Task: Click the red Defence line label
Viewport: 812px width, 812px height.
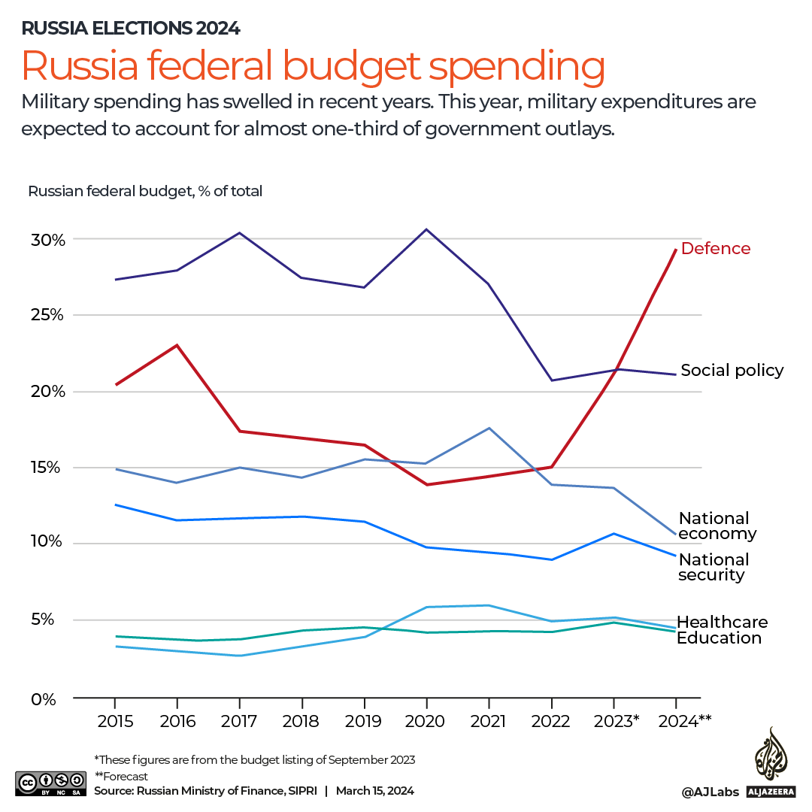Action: (x=715, y=249)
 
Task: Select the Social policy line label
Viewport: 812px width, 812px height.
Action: (x=732, y=371)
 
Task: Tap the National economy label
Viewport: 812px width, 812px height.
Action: (x=717, y=526)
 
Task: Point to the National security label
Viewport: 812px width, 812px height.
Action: (x=714, y=568)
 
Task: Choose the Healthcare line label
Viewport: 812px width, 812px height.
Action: (x=722, y=622)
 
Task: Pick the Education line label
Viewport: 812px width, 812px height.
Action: (x=719, y=638)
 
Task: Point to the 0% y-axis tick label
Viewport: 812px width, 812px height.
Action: (x=44, y=699)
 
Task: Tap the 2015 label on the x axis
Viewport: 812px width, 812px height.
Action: (x=115, y=722)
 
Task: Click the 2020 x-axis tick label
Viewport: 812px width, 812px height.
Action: (x=426, y=722)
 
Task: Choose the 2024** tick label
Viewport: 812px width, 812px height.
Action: (x=683, y=722)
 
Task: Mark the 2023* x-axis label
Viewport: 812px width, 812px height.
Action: (x=616, y=722)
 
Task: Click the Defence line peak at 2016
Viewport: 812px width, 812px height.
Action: (x=177, y=345)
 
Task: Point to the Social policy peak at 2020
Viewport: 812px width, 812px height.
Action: (x=426, y=229)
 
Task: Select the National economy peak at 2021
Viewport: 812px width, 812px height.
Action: (x=489, y=428)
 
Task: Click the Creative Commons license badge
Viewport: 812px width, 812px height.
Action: (x=49, y=782)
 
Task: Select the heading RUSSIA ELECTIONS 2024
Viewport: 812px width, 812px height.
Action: (x=131, y=29)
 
